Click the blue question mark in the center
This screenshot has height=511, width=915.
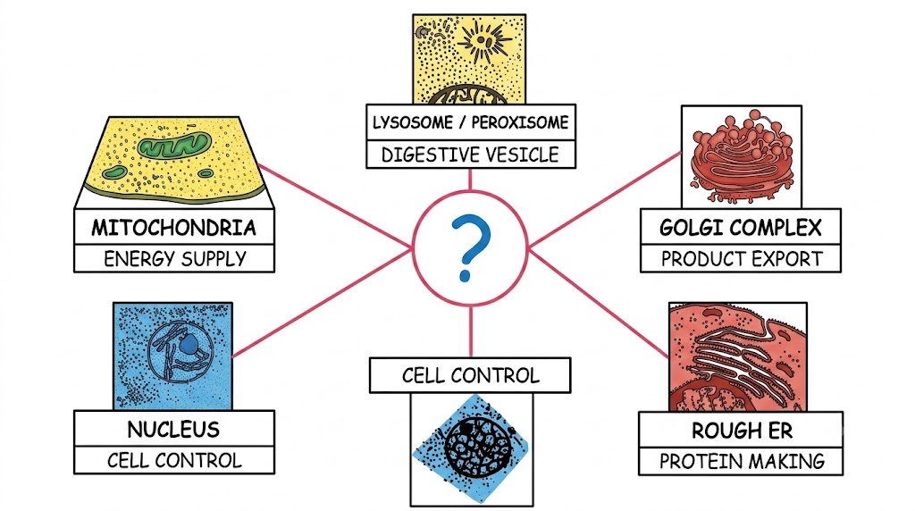(x=470, y=247)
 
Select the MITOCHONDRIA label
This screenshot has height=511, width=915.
(x=174, y=228)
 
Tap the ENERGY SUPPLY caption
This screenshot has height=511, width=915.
(x=175, y=258)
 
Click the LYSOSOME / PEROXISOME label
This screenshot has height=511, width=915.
(x=470, y=122)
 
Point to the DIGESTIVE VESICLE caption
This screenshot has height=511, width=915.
(x=470, y=155)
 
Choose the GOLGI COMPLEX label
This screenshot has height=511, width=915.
(x=741, y=228)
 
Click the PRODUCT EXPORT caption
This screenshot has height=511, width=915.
(x=741, y=258)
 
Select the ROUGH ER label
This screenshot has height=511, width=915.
(x=742, y=431)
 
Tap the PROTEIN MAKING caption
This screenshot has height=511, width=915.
(x=742, y=461)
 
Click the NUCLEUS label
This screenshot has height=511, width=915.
(x=174, y=430)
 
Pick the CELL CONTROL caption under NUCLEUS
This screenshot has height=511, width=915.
(x=174, y=460)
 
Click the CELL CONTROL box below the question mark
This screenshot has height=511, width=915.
(x=470, y=375)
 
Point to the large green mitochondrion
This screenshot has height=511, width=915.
(x=174, y=145)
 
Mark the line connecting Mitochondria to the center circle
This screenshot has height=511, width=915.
(x=337, y=206)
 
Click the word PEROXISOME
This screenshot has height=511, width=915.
(x=519, y=122)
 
